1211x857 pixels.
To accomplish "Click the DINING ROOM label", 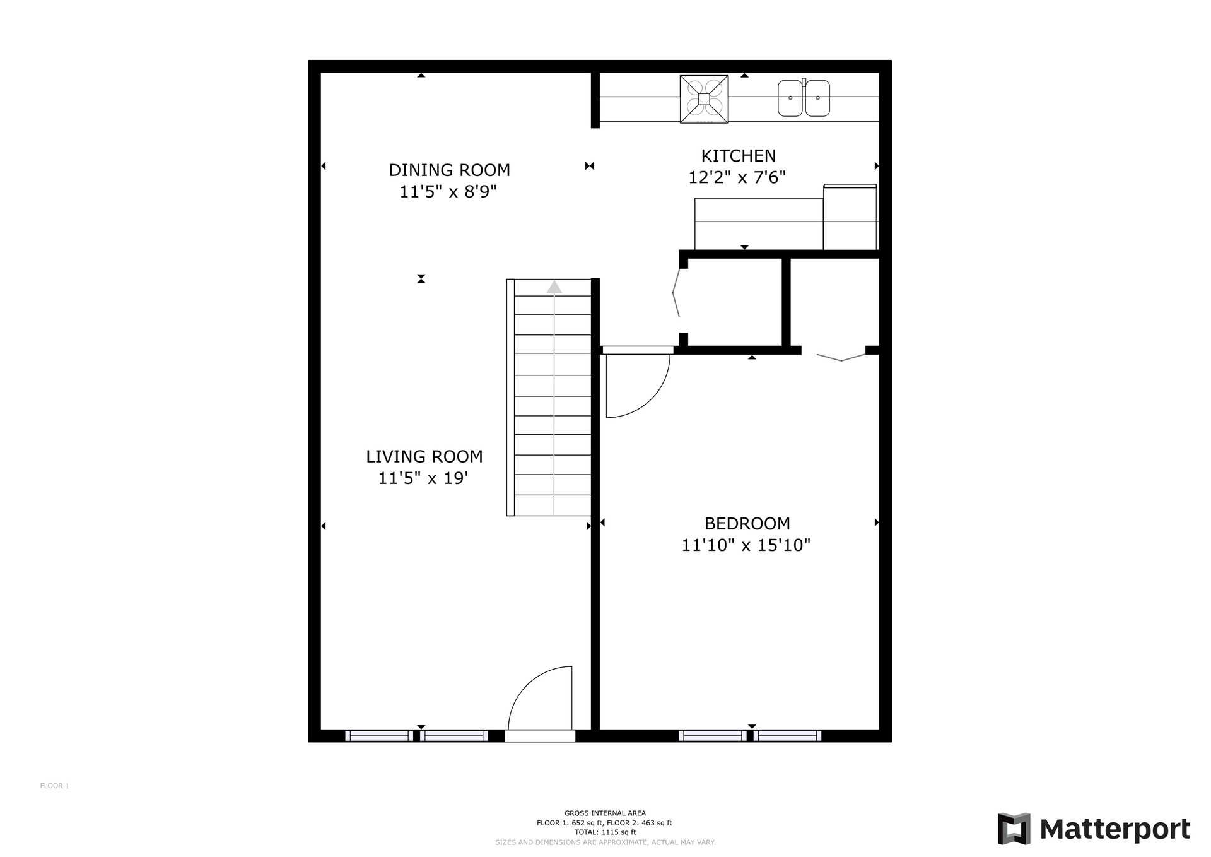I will click(x=449, y=170).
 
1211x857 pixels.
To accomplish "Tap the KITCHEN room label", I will click(x=739, y=156).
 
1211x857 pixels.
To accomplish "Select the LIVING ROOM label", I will click(x=424, y=457).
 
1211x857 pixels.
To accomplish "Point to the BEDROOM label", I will click(x=747, y=524).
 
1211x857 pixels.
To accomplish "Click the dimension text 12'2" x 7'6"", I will click(x=737, y=178).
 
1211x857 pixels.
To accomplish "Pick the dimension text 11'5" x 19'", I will click(x=423, y=478).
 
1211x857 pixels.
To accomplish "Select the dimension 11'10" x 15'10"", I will click(x=746, y=545).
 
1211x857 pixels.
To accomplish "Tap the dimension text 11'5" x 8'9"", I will click(x=448, y=192).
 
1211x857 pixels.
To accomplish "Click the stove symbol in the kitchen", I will click(x=704, y=99).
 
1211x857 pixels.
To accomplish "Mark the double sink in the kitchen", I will click(x=804, y=98).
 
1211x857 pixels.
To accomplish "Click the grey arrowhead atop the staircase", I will click(x=554, y=288).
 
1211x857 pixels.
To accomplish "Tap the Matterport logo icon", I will click(x=1014, y=829).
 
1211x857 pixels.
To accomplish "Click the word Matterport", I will click(x=1114, y=829).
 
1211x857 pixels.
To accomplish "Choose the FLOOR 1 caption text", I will click(x=55, y=786).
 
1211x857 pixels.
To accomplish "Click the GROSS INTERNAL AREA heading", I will click(x=605, y=813).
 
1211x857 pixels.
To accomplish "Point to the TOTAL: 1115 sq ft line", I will click(x=605, y=832).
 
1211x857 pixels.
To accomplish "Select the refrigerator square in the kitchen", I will click(x=850, y=217).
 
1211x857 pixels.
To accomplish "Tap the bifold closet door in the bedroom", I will click(x=841, y=358).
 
